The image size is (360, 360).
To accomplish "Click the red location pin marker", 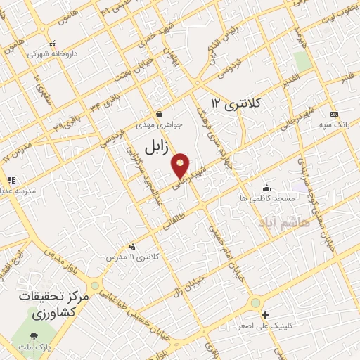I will pos(181,164).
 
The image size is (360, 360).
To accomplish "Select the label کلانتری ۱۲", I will pos(236,104).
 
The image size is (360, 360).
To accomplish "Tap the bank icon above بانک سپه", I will pos(334,114).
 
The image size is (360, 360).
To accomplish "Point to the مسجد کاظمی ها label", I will pos(266,200).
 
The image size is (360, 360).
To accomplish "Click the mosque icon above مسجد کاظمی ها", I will pos(266,188).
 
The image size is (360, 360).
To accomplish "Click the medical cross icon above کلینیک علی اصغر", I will pos(265,314).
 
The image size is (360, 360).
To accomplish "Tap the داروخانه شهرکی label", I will pos(52,53).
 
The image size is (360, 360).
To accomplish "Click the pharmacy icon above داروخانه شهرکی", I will pos(45,43).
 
